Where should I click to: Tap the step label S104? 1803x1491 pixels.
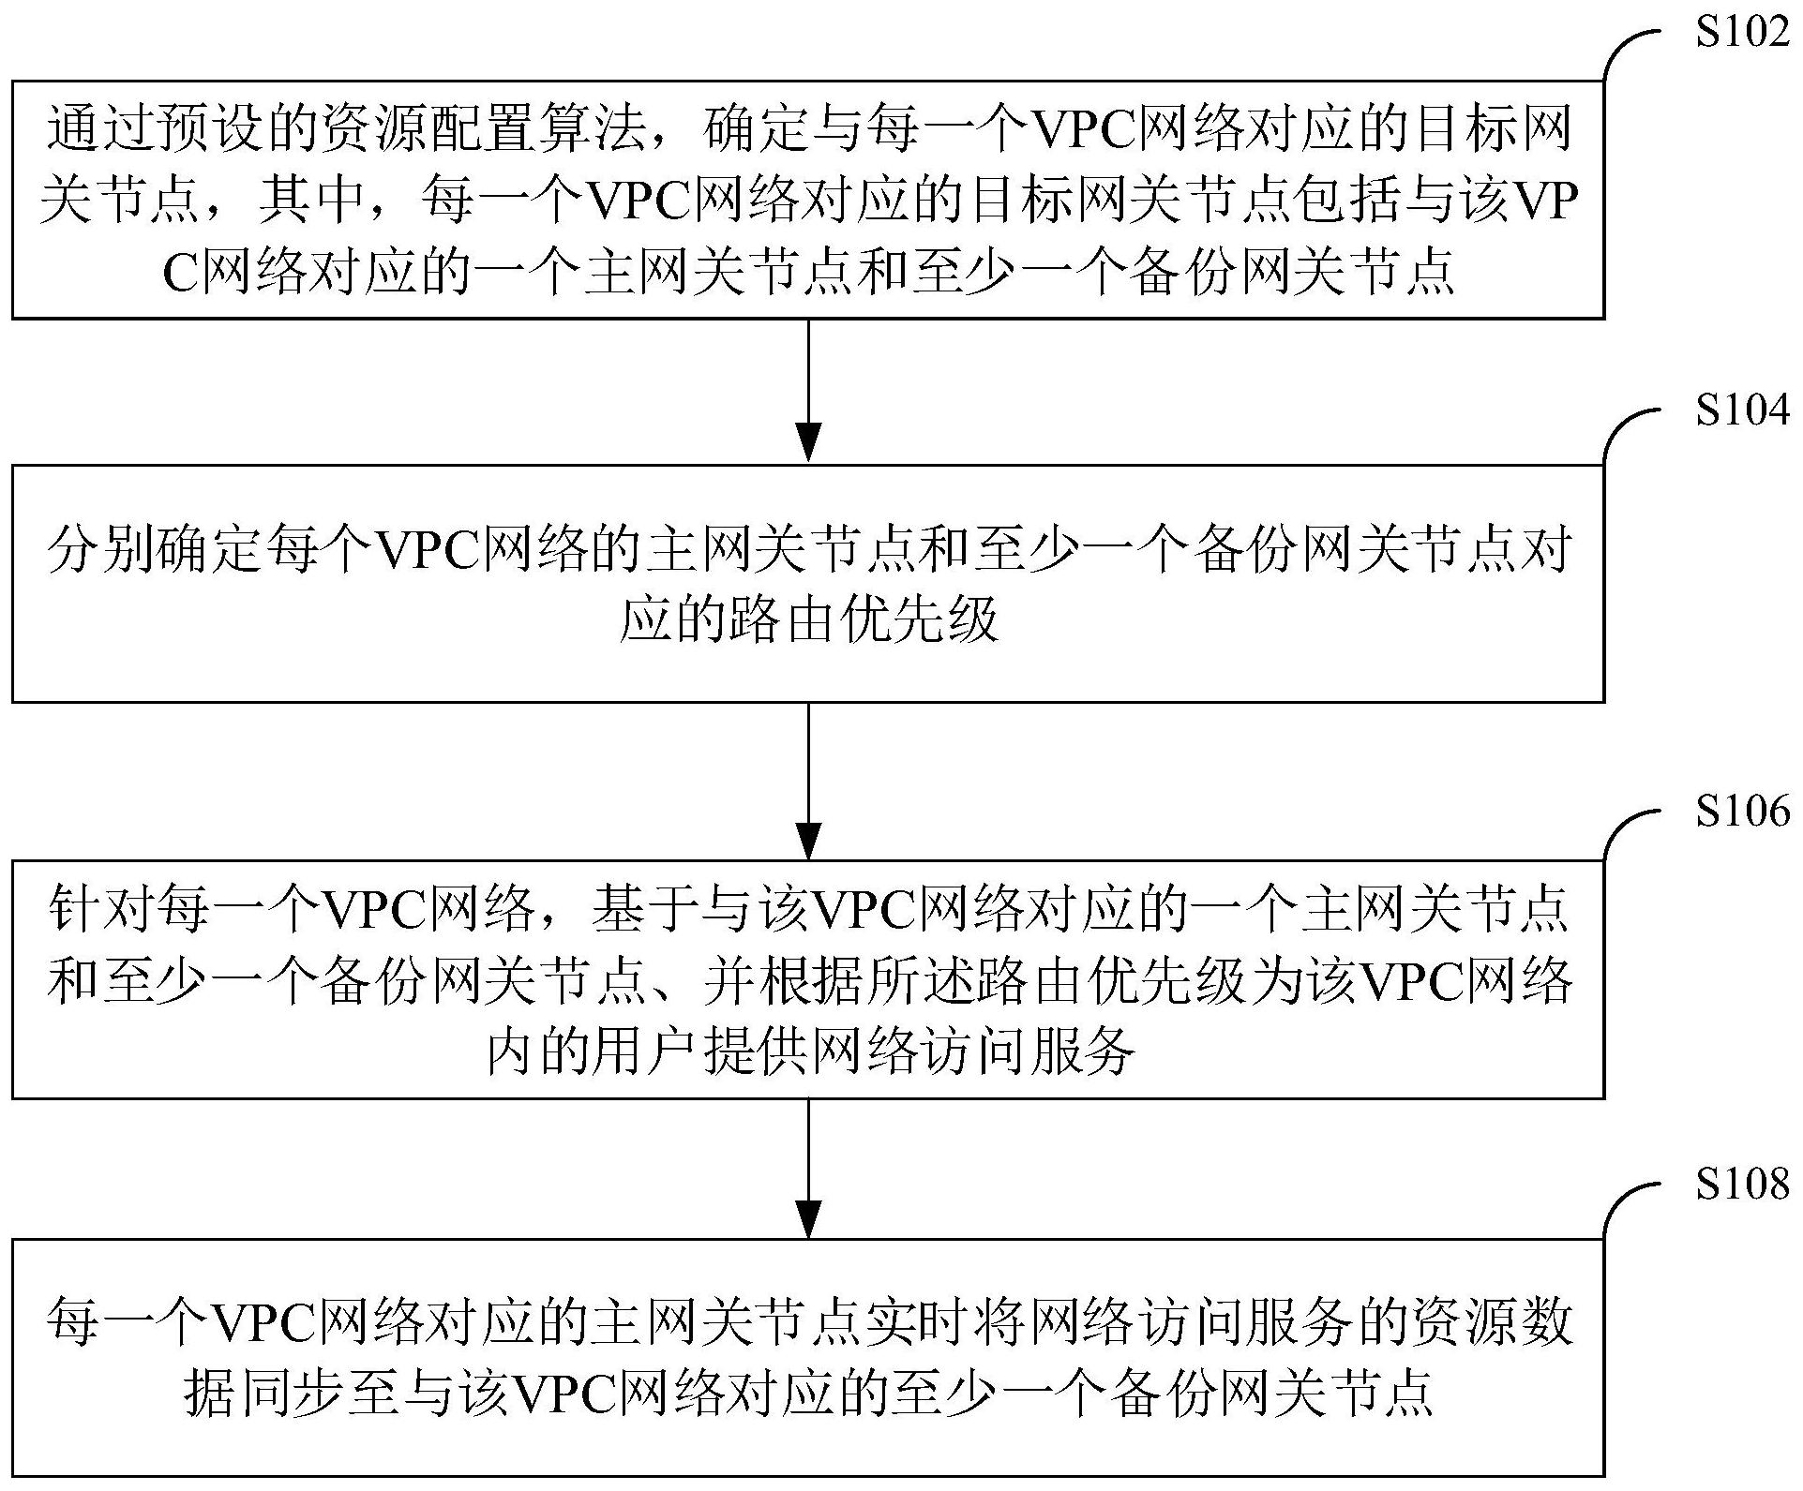(x=1742, y=410)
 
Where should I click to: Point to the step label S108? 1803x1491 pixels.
(x=1742, y=1185)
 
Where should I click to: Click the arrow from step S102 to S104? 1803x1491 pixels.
(x=808, y=391)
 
